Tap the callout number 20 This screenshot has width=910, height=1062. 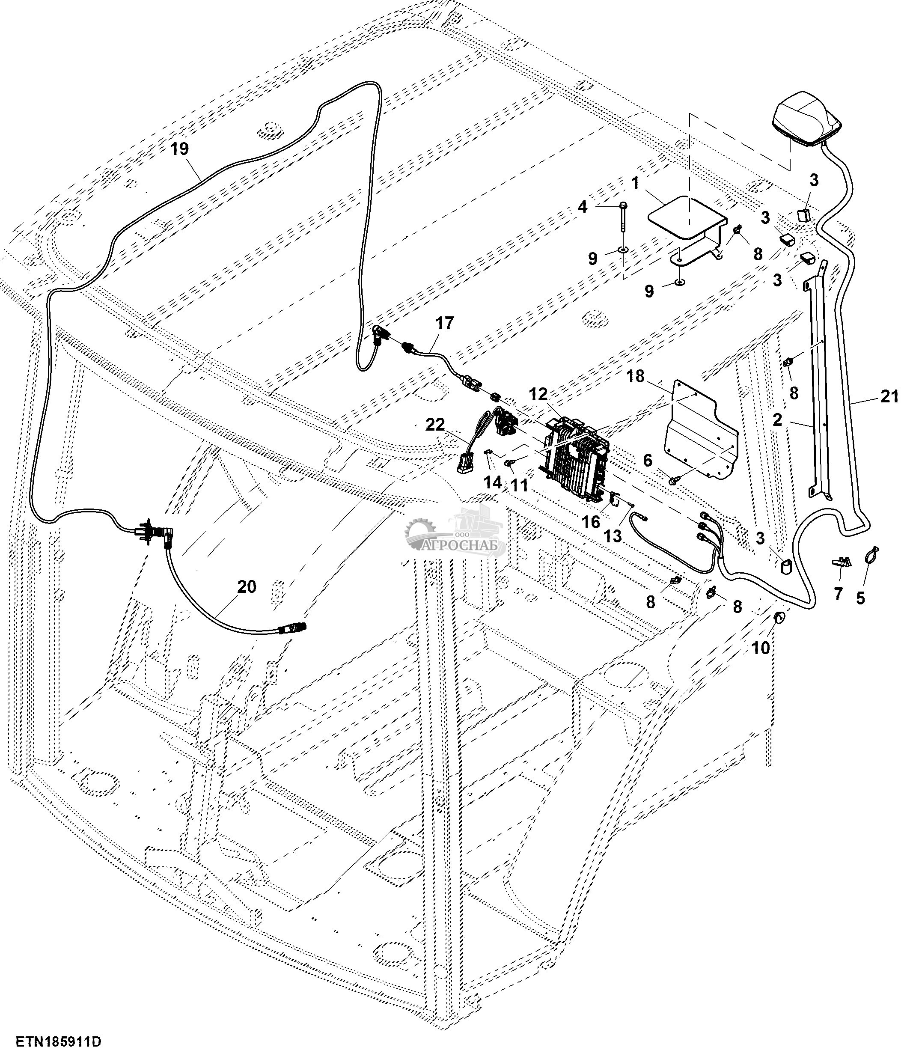pyautogui.click(x=247, y=587)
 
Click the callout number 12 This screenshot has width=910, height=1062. pyautogui.click(x=538, y=394)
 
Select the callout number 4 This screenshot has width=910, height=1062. pyautogui.click(x=582, y=207)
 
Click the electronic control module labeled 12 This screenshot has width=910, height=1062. pyautogui.click(x=575, y=458)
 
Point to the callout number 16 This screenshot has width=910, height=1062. pyautogui.click(x=591, y=522)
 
